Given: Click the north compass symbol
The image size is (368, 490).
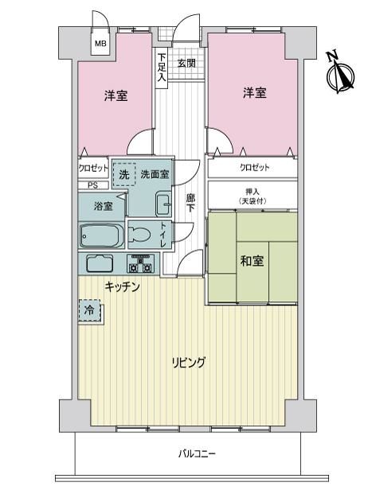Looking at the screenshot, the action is (x=340, y=72).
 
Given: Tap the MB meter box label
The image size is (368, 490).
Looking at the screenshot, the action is (x=100, y=44).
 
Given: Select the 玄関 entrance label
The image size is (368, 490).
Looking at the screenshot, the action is (x=187, y=64).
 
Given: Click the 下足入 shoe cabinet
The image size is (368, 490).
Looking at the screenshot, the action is (x=162, y=68).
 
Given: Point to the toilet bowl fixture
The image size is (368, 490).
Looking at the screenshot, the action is (x=139, y=234).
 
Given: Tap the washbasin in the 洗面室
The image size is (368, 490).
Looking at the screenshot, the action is (x=163, y=203).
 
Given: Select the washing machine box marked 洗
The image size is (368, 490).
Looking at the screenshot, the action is (x=124, y=174).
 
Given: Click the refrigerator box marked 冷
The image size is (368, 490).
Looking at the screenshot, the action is (x=90, y=310).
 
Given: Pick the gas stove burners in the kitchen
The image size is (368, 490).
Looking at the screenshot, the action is (x=140, y=263).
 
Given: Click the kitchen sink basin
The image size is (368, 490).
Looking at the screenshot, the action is (x=100, y=263).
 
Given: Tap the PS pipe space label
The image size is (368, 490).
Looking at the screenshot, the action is (x=92, y=185).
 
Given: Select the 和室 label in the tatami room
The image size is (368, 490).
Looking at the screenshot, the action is (x=252, y=261).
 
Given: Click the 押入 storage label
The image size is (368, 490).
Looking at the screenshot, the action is (x=253, y=192).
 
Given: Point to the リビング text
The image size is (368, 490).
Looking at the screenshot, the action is (x=188, y=362).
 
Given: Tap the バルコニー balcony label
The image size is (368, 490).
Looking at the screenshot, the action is (x=197, y=453).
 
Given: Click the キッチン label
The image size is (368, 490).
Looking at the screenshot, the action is (x=122, y=286).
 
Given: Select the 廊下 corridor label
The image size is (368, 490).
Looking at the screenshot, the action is (x=190, y=203).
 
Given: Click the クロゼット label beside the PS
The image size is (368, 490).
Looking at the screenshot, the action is (x=93, y=169).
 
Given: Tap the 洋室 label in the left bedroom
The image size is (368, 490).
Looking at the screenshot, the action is (x=115, y=95).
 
